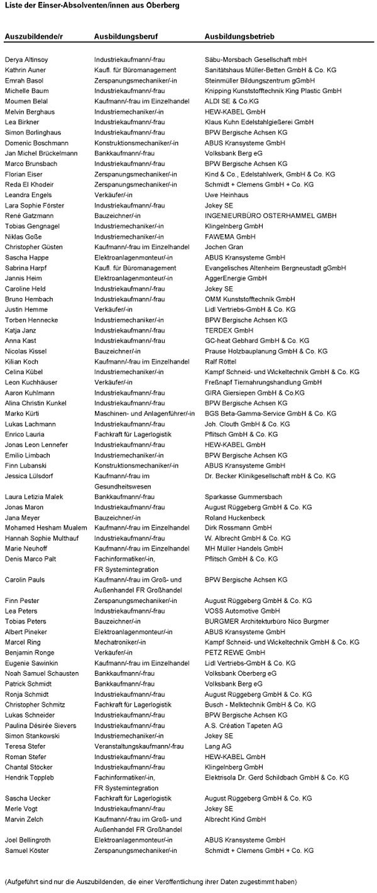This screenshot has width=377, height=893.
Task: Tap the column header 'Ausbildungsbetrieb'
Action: [239, 37]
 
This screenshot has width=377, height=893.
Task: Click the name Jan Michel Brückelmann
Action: [41, 153]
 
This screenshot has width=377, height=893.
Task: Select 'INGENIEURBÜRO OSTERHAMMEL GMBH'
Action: [261, 216]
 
